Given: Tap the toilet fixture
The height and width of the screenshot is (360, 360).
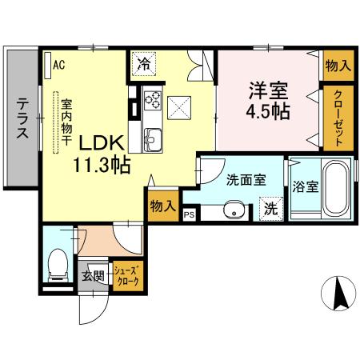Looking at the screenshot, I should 58,264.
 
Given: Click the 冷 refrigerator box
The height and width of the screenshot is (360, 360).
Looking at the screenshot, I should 144,62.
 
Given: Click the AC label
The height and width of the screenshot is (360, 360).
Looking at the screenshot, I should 59,65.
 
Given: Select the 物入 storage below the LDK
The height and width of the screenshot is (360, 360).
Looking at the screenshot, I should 162,206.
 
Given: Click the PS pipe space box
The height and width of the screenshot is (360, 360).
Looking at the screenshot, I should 190,214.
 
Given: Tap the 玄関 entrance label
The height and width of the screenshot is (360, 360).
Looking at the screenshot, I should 94,277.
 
